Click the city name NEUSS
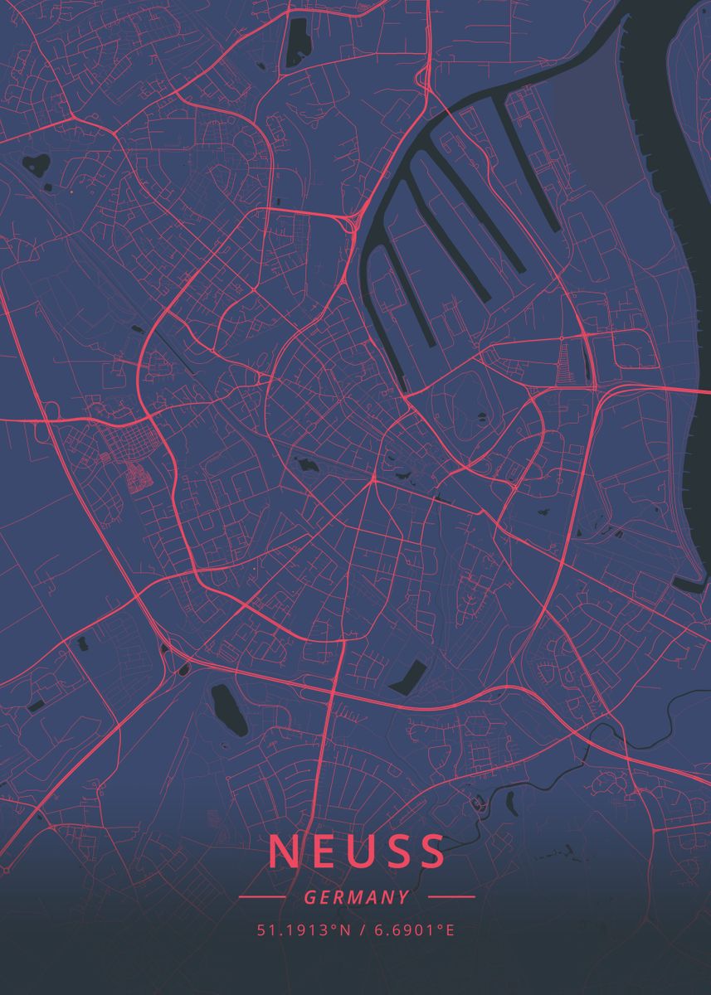(357, 852)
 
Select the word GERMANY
(357, 897)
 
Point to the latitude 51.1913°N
(299, 930)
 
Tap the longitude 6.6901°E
(414, 930)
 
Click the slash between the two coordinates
(361, 930)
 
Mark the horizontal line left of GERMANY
(261, 897)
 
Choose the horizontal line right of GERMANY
(451, 897)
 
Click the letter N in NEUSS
(283, 852)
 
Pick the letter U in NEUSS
(357, 852)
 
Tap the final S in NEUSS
(431, 852)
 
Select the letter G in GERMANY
(309, 897)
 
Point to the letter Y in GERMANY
(404, 897)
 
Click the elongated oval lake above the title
(228, 710)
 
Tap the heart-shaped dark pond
(36, 163)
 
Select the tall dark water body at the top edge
(295, 41)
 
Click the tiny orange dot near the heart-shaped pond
(72, 192)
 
